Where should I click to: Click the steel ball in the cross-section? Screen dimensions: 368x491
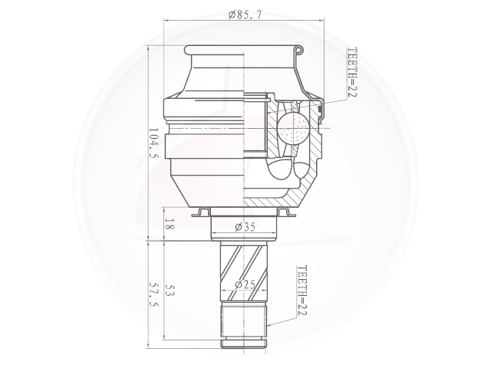tap(292, 128)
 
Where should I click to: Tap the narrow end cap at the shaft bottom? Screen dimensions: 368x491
tap(245, 343)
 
